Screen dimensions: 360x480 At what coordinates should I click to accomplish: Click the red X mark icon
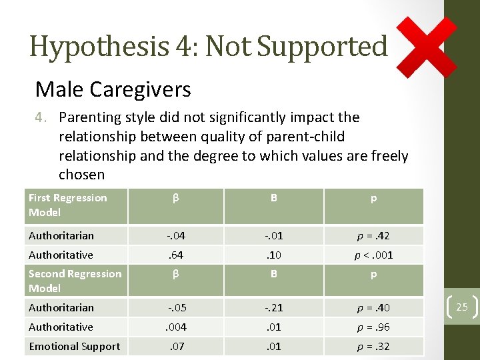click(x=427, y=47)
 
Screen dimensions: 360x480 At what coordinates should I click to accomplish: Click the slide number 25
click(x=462, y=307)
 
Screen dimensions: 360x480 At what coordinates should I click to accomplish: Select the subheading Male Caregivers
click(x=113, y=89)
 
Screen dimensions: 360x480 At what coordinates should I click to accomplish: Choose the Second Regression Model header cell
click(x=75, y=281)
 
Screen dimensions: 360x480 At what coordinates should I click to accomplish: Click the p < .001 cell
click(x=373, y=255)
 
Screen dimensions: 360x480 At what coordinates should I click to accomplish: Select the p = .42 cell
click(x=373, y=235)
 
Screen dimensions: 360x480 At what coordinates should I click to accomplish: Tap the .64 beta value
click(x=175, y=255)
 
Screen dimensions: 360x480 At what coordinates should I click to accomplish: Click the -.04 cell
click(x=175, y=235)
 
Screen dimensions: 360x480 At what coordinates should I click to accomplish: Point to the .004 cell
click(x=175, y=327)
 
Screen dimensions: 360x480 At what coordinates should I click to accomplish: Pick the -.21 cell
click(x=274, y=307)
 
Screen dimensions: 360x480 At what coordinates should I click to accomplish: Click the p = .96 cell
click(x=373, y=327)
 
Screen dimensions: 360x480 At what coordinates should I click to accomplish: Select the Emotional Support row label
click(x=74, y=346)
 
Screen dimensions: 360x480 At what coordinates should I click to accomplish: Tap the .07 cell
click(x=175, y=346)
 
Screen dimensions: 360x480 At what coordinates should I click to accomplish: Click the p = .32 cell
click(x=373, y=346)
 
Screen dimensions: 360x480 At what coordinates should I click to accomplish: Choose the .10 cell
click(x=274, y=255)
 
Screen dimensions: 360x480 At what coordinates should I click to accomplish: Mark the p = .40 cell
click(x=373, y=307)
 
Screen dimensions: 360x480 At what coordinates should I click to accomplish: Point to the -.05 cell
click(x=175, y=307)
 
